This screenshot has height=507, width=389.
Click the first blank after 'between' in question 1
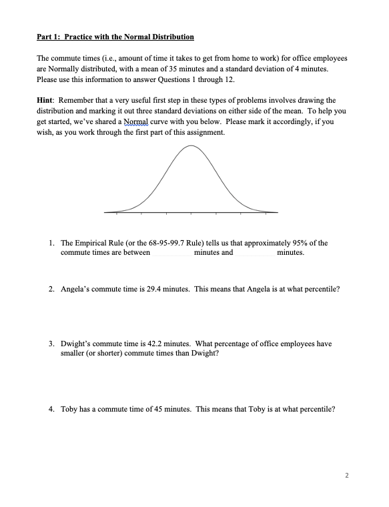click(172, 253)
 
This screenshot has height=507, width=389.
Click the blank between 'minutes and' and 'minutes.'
click(254, 253)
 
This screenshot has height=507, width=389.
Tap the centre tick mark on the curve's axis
click(191, 214)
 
